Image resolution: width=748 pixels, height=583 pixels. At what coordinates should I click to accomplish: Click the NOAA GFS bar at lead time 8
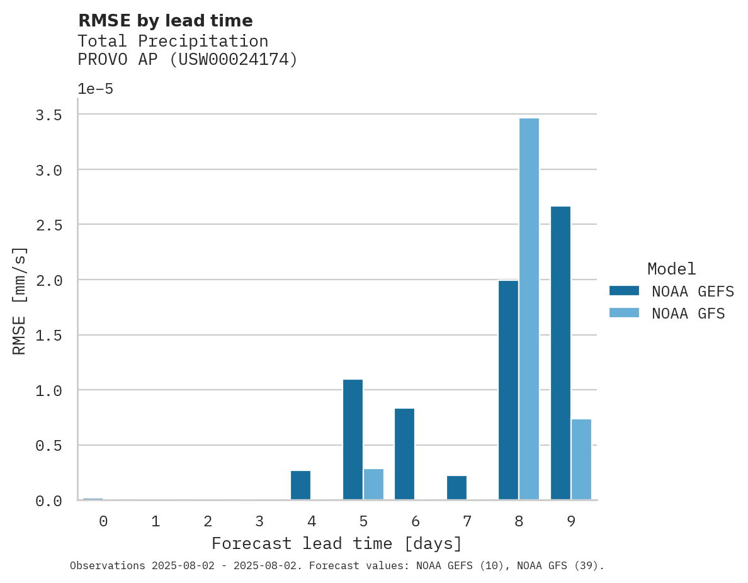click(529, 308)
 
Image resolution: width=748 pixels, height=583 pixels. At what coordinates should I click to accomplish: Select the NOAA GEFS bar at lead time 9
click(560, 353)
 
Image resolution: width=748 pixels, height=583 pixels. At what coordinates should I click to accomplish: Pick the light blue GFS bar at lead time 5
click(373, 484)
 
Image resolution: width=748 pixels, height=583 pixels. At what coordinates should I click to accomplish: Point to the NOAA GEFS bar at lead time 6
click(404, 454)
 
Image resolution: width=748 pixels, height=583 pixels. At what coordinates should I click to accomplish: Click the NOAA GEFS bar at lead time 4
click(300, 485)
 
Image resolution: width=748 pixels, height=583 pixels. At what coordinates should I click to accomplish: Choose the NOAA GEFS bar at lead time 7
click(456, 488)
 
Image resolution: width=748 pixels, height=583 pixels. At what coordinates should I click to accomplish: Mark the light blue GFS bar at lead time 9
click(581, 460)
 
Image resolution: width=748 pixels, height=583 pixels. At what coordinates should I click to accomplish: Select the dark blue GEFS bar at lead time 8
click(508, 390)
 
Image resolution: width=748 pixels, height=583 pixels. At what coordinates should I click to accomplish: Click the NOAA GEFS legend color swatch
click(624, 291)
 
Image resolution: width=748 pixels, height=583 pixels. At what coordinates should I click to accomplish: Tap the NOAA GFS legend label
click(688, 314)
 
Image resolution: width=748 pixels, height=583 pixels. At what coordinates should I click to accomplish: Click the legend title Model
click(671, 269)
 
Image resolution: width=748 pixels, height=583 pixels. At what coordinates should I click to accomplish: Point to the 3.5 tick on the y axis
click(48, 115)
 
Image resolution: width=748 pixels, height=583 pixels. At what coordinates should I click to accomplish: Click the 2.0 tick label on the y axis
click(48, 280)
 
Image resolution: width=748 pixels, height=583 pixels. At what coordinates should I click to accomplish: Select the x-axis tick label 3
click(259, 521)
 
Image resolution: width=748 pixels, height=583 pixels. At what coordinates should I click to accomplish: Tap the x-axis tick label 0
click(103, 521)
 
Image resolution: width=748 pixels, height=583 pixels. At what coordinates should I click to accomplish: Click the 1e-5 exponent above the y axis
click(95, 89)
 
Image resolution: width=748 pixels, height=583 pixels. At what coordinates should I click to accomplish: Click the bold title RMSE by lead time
click(165, 21)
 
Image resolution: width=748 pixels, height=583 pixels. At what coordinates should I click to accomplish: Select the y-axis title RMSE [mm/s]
click(20, 301)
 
